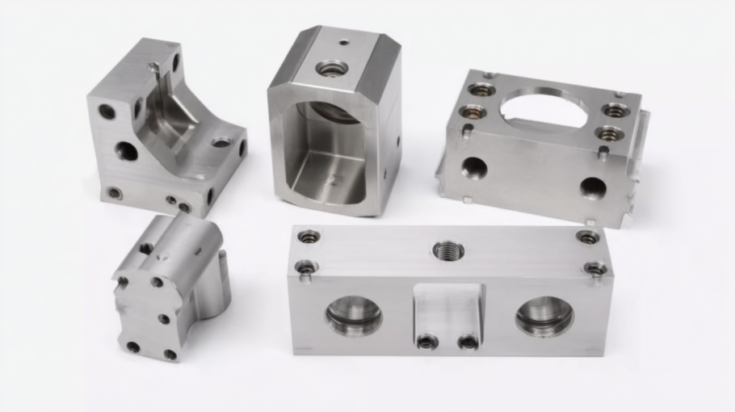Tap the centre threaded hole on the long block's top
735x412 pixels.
tap(448, 250)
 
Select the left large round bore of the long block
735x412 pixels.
tap(354, 314)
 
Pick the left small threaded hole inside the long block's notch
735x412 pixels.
tap(427, 342)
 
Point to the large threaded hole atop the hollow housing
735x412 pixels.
tap(332, 69)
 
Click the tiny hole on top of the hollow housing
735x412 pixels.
tap(344, 43)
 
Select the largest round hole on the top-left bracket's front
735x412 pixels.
tap(126, 150)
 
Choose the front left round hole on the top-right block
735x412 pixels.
tap(474, 168)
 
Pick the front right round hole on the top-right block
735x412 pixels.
tap(593, 188)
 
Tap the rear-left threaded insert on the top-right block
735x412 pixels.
tap(481, 89)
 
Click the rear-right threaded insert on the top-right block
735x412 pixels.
tap(615, 110)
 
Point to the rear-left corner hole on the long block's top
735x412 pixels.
tap(309, 237)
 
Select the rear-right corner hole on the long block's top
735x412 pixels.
tap(588, 238)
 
